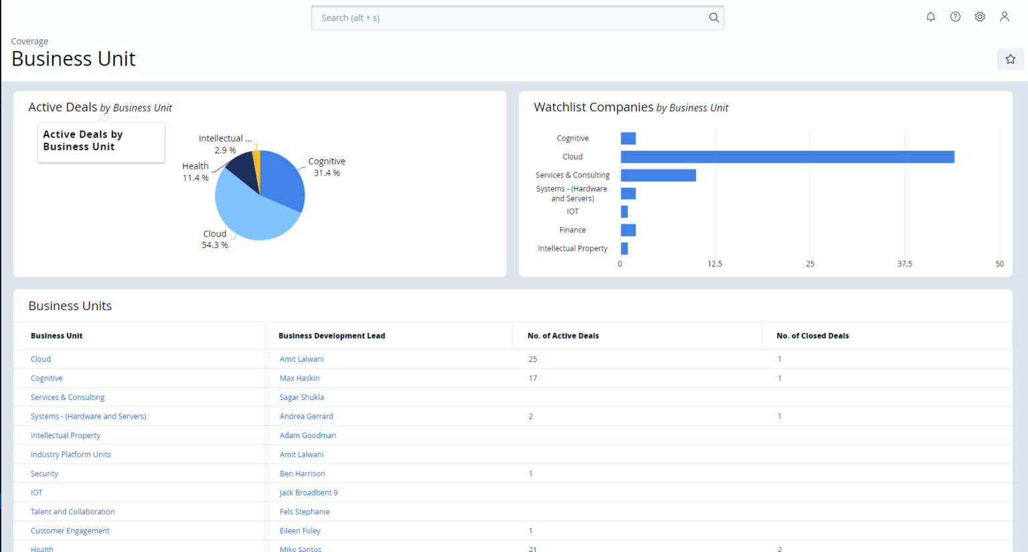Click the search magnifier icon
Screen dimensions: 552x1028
[713, 18]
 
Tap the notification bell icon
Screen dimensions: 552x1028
[930, 17]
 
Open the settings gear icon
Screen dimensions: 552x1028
[980, 17]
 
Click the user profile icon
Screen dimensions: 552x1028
[1004, 17]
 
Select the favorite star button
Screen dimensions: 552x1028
[1010, 59]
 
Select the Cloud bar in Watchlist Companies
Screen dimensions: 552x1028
[786, 157]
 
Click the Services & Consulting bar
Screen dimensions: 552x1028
[658, 176]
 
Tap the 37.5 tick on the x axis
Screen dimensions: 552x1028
[904, 264]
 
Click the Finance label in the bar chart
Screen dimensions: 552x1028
[572, 230]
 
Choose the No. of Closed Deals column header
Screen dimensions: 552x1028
[812, 336]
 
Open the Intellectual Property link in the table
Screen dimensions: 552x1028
[66, 435]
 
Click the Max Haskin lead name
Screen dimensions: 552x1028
[299, 378]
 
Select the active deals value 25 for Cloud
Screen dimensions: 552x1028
[533, 359]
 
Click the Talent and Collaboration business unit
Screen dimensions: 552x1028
[72, 512]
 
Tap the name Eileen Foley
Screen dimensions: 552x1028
[300, 531]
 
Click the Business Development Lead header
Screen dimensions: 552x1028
[331, 336]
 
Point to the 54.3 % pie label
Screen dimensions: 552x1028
[215, 245]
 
